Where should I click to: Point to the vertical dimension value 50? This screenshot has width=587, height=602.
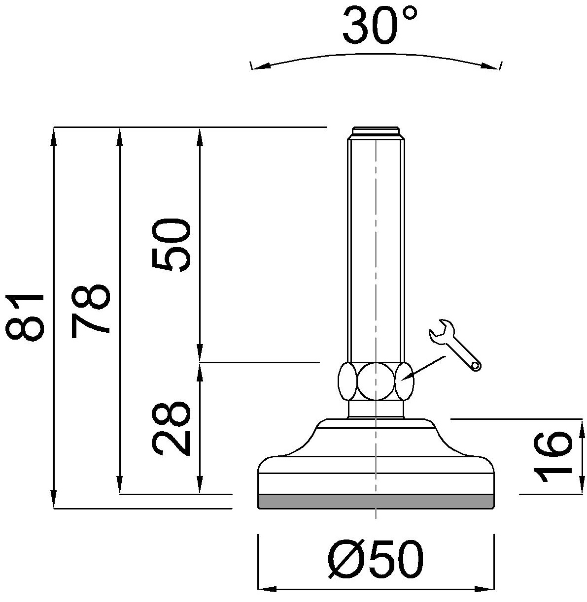[170, 245]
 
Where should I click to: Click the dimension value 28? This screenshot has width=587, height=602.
[170, 429]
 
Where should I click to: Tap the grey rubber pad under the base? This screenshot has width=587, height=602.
[376, 501]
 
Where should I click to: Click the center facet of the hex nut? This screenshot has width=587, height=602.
[376, 381]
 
